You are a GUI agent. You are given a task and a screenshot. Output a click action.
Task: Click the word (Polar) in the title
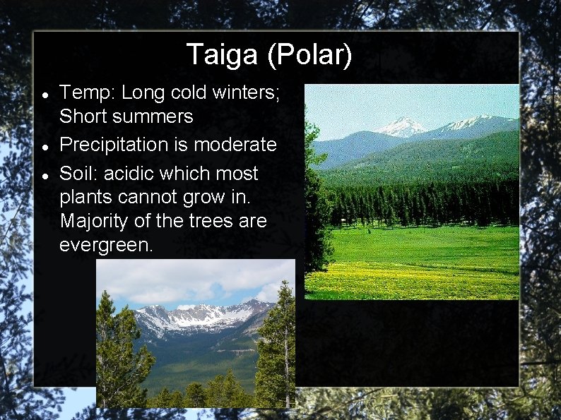[309, 55]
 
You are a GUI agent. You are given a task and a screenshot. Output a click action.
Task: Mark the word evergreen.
[106, 246]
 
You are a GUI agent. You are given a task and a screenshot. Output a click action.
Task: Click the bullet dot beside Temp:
[45, 93]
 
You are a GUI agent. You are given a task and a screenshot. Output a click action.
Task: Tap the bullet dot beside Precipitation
[45, 145]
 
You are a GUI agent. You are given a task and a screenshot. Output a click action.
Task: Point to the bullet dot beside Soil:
[45, 174]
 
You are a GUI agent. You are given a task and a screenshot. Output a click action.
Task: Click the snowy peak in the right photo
[401, 126]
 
